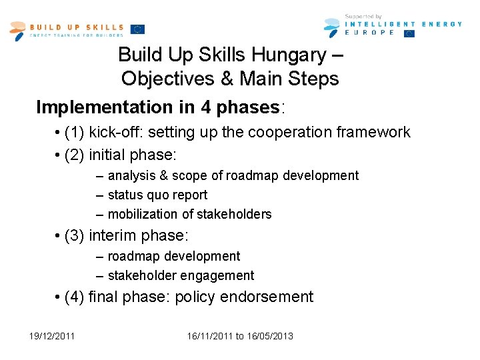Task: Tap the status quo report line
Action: click(157, 195)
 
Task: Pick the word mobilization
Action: click(143, 215)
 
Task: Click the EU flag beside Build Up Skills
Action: click(137, 29)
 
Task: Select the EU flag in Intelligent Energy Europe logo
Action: click(409, 33)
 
